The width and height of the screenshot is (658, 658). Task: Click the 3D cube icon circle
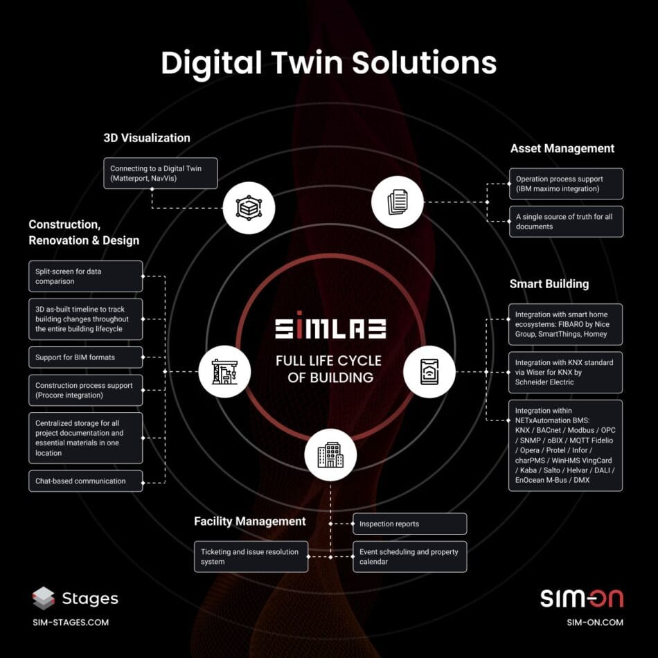pos(249,208)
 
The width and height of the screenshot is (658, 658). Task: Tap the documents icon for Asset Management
pos(397,202)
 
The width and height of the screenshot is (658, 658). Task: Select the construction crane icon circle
pos(224,371)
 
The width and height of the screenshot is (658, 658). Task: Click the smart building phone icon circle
pos(429,371)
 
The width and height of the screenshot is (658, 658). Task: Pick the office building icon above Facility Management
pos(330,456)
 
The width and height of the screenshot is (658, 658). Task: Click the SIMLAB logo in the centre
pos(330,328)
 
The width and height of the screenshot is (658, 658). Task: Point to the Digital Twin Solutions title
pos(329,62)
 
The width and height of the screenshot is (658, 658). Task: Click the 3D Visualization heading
pos(147,138)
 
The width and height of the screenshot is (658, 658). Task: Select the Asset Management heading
pos(562,148)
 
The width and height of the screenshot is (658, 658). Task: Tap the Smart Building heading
pos(549,284)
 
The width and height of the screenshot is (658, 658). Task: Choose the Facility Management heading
pos(250,521)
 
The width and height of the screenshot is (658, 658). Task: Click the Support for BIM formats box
pos(86,358)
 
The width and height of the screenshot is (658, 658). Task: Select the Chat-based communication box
pos(86,481)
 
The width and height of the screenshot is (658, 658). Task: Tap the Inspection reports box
pos(409,524)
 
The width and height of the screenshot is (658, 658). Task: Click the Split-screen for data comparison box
pos(86,276)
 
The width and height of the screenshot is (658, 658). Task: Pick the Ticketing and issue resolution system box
pos(251,557)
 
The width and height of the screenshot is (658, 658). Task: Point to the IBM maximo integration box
pos(566,184)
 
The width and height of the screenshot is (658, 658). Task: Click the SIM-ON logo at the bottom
pos(582,598)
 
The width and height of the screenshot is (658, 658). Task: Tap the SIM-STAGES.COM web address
pos(71,622)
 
